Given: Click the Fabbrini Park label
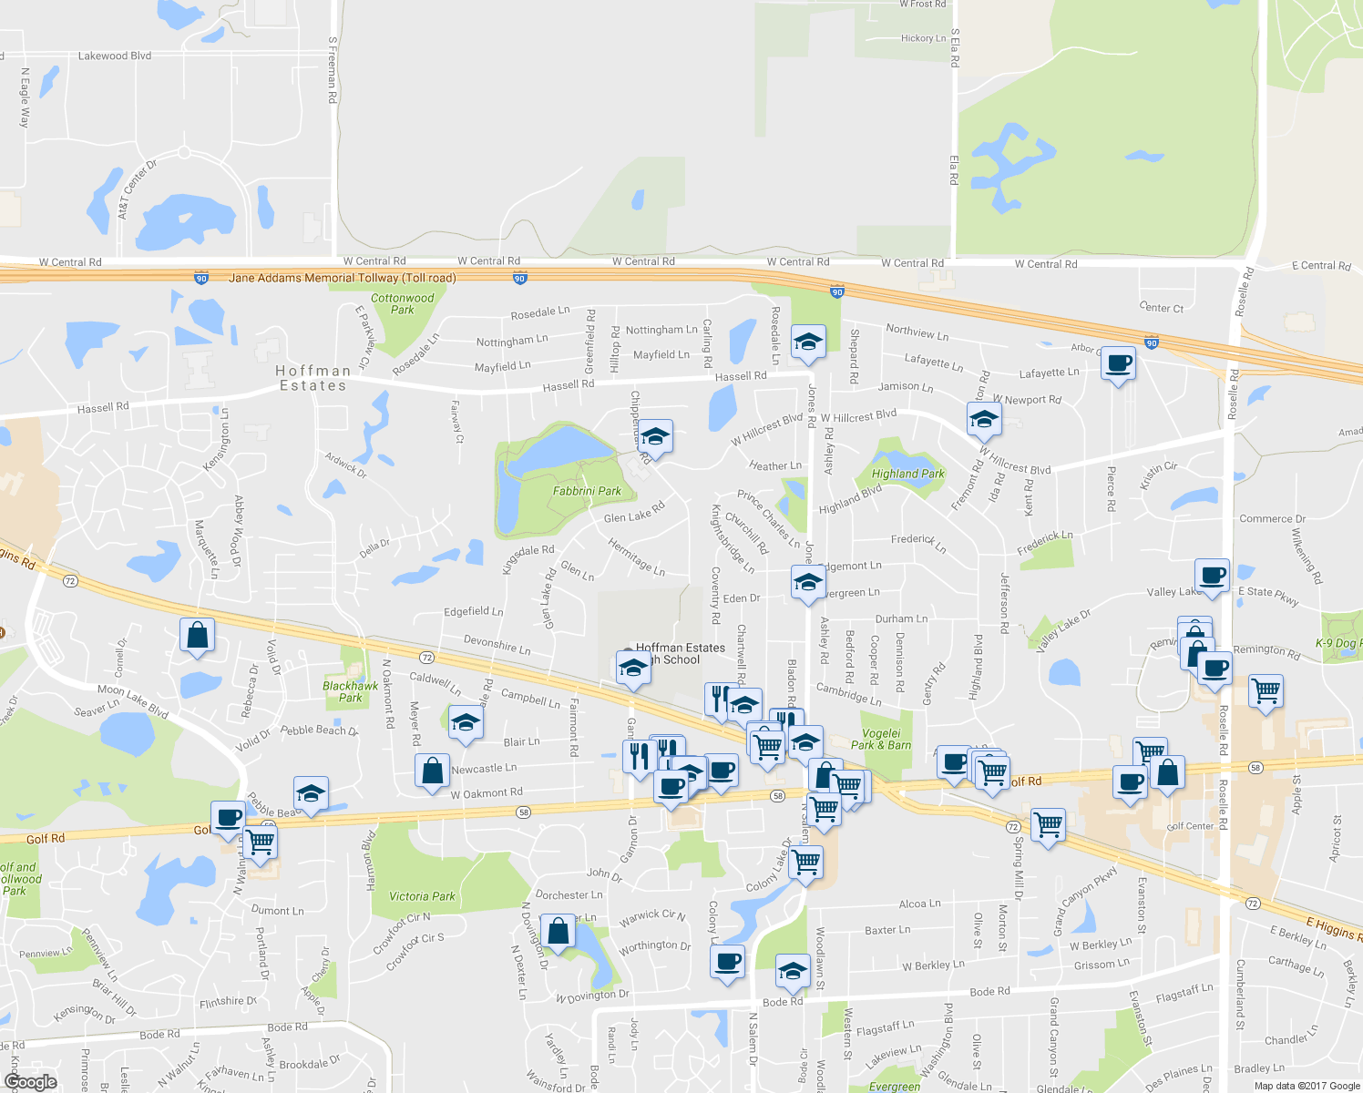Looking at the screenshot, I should (587, 491).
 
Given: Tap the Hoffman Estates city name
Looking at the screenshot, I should (313, 378).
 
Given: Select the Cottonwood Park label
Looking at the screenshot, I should (403, 303).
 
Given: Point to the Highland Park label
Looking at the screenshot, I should (907, 474).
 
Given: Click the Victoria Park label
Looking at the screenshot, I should (422, 896).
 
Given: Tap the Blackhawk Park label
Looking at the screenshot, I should (351, 691).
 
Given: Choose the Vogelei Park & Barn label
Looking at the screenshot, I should (881, 739).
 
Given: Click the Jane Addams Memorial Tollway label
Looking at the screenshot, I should (343, 278).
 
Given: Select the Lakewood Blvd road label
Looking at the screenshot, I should (115, 56).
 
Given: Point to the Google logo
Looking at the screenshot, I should (30, 1082).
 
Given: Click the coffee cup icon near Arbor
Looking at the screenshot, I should (1118, 363).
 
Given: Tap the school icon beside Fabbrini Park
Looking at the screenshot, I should (655, 437).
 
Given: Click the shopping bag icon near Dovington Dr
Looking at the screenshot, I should (558, 933).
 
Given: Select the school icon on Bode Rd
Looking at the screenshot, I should (793, 972).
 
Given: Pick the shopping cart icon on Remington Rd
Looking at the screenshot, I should (1266, 691).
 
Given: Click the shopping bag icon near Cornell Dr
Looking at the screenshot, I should (197, 636).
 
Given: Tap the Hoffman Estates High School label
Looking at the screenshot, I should (681, 654).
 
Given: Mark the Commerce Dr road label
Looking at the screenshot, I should (1272, 518).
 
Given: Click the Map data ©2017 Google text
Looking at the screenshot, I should (1307, 1086).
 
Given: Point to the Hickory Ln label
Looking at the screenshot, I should (923, 38).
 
